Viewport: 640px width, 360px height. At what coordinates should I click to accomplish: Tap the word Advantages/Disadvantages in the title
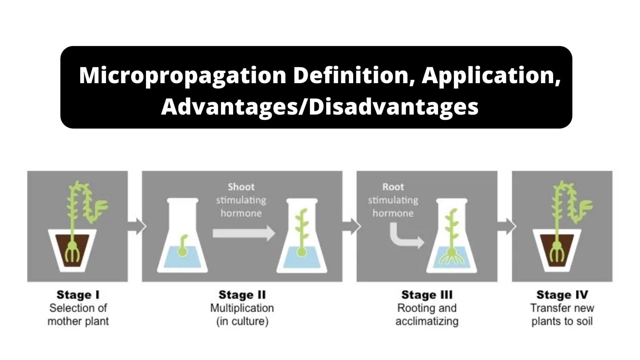[319, 107]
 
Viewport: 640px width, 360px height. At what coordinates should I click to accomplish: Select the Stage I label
[78, 295]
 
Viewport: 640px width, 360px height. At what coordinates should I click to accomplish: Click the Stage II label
[242, 295]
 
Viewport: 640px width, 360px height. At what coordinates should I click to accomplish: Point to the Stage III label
[427, 295]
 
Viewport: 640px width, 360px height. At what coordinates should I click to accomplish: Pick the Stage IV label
[562, 295]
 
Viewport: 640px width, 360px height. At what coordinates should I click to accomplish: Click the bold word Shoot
[241, 187]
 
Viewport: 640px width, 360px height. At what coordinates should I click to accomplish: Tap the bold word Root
[393, 187]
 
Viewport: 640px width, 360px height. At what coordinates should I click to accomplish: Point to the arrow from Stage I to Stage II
[137, 226]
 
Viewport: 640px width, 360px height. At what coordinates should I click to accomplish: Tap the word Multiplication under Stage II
[242, 308]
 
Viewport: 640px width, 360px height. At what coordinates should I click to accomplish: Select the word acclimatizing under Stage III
[427, 321]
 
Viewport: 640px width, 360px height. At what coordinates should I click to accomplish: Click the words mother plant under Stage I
[78, 321]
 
